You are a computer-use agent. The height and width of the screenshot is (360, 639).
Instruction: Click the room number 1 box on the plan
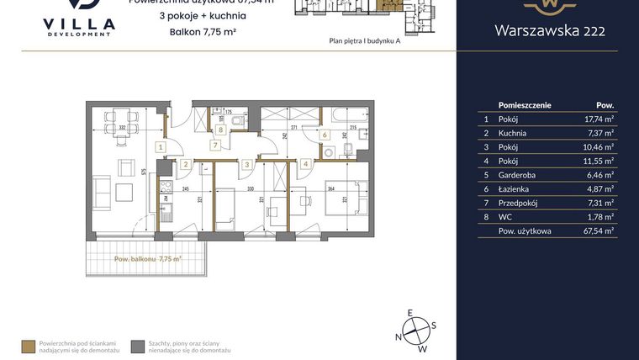coord(160,146)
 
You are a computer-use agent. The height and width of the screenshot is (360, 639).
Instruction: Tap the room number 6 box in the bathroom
coord(325,134)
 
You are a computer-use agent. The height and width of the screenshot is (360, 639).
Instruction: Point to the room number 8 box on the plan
coord(220,130)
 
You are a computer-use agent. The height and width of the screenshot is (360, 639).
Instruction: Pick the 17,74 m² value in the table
coord(601,119)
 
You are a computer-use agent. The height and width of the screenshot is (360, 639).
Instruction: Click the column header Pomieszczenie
coord(525,105)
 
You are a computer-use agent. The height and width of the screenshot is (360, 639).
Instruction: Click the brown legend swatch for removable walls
coord(29,346)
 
